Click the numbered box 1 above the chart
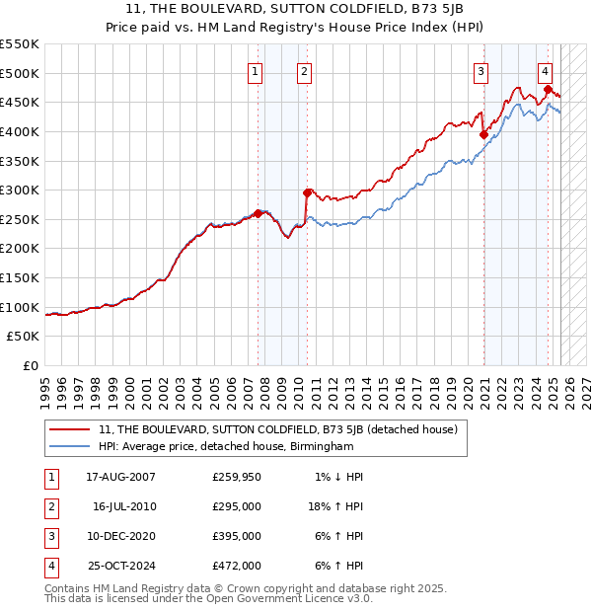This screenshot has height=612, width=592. click(x=256, y=70)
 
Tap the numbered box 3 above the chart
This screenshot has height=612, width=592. click(x=481, y=70)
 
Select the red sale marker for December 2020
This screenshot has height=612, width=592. click(x=483, y=135)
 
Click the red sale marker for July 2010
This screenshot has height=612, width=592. click(x=308, y=192)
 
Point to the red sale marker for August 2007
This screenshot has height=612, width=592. click(x=259, y=213)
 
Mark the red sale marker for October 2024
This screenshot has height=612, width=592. click(x=548, y=90)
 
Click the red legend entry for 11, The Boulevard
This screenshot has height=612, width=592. click(x=277, y=429)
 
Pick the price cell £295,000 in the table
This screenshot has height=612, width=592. click(x=237, y=506)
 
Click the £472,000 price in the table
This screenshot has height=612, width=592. click(x=237, y=566)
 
